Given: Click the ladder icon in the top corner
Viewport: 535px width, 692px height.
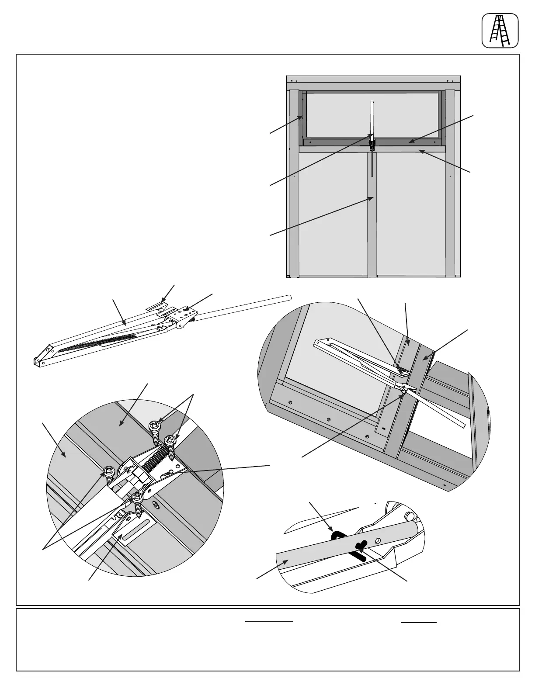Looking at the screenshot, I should pos(500,31).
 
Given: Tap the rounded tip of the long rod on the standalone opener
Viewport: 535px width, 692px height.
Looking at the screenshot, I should pos(288,298).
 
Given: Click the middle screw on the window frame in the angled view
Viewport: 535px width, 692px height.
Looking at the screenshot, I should pos(329,420).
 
